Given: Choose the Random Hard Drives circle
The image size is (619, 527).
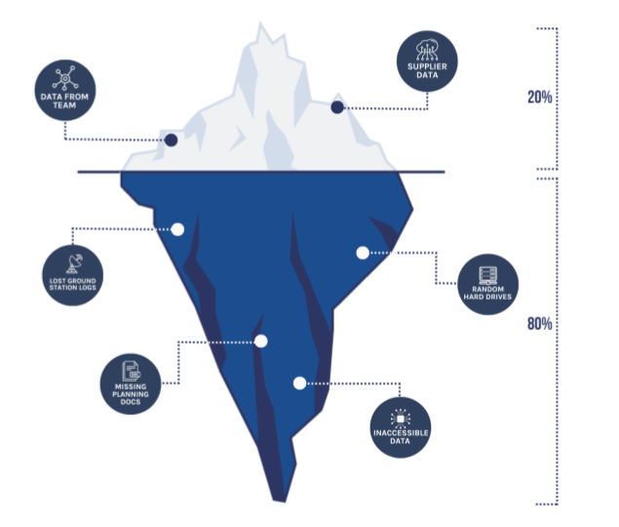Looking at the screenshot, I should pyautogui.click(x=486, y=283).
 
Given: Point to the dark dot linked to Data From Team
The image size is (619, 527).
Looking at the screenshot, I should pyautogui.click(x=171, y=140).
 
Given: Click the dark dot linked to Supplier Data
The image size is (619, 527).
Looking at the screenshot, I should pyautogui.click(x=337, y=107).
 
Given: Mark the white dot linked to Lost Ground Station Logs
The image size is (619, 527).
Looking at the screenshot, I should pyautogui.click(x=177, y=229).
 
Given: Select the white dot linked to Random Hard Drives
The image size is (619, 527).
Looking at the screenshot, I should pyautogui.click(x=363, y=253).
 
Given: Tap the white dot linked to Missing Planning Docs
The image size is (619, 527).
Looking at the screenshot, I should pyautogui.click(x=260, y=341).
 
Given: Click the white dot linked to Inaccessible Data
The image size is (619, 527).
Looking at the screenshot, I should pyautogui.click(x=299, y=383).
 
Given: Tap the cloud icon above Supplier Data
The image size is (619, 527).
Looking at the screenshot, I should pyautogui.click(x=426, y=48).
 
